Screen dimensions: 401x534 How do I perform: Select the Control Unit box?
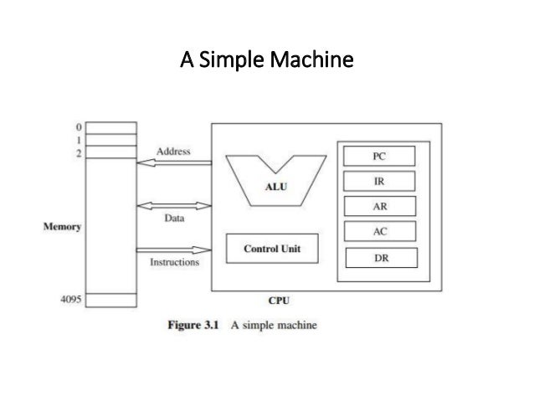[x=271, y=249]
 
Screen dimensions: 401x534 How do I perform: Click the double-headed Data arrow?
[x=173, y=205]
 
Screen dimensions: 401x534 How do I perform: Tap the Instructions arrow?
[x=173, y=249]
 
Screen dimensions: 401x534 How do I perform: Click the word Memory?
[x=62, y=228]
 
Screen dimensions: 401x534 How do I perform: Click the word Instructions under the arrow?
[x=174, y=262]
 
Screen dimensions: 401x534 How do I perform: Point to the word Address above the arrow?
[x=173, y=152]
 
